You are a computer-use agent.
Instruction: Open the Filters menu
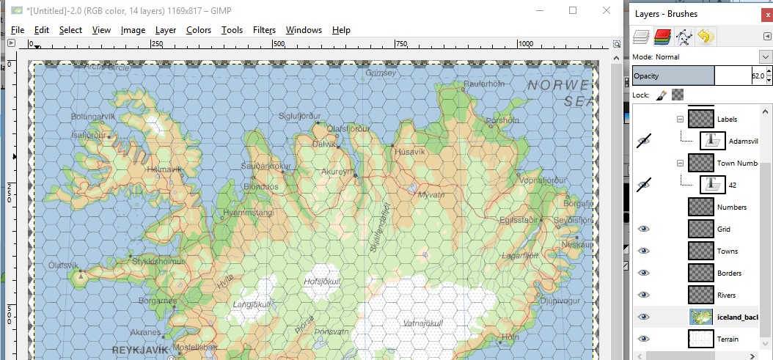coord(264,30)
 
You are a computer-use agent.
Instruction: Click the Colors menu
coord(198,30)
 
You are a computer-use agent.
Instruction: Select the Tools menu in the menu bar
coord(232,30)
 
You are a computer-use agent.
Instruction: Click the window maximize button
coord(573,10)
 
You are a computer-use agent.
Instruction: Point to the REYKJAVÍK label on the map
coord(140,350)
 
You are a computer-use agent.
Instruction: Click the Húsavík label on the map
coord(410,152)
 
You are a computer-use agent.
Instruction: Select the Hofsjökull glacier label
coord(323,281)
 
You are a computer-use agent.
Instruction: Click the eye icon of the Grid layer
coord(644,229)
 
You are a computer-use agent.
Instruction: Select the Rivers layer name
coord(726,295)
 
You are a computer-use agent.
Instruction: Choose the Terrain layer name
coord(728,339)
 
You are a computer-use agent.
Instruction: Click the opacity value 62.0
coord(757,76)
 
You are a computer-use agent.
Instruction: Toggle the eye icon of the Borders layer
coord(644,273)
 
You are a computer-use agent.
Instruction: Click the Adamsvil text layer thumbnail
coord(712,141)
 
